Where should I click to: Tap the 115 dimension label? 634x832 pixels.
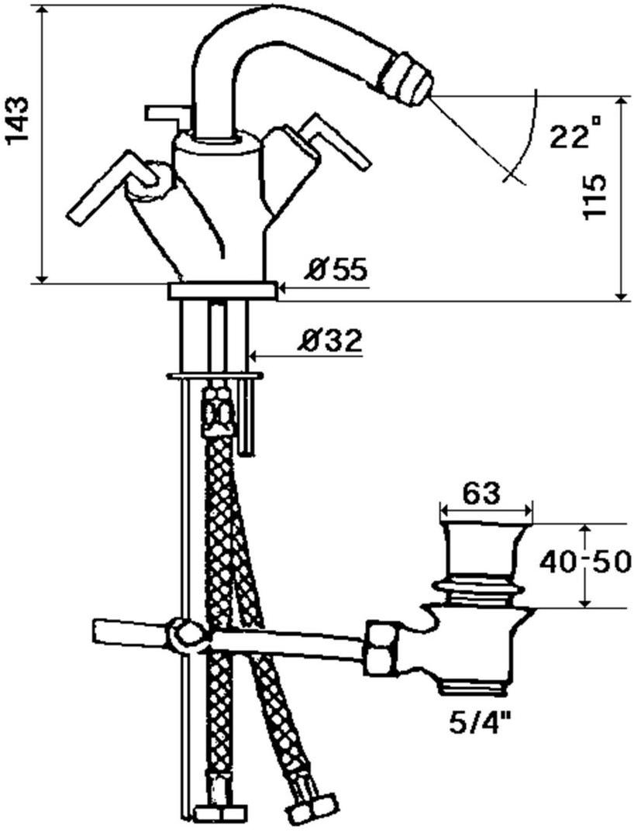tap(594, 195)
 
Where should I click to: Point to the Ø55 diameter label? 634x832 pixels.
tap(336, 270)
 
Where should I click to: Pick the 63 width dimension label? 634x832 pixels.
tap(481, 494)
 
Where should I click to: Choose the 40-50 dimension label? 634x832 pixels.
tap(586, 562)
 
